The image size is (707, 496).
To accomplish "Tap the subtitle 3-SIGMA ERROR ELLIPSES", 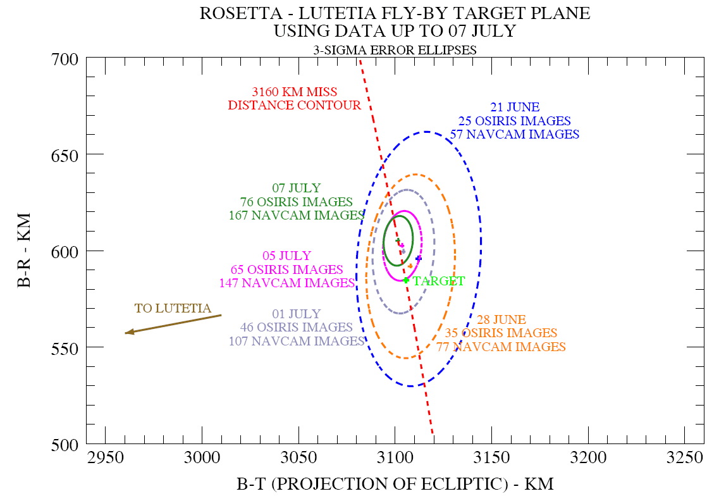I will click(395, 50).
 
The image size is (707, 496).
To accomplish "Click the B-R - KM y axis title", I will click(26, 251).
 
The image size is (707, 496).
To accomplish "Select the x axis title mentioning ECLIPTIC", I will click(395, 485).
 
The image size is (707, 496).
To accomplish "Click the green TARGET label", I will click(439, 282).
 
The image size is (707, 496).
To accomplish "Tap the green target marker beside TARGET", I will click(406, 280).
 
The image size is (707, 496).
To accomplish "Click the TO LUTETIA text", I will click(173, 309).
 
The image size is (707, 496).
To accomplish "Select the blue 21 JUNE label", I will click(515, 108).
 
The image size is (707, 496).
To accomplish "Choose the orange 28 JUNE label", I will click(502, 320).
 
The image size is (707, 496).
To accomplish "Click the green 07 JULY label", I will click(297, 189).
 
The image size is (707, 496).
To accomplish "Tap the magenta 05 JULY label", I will click(287, 256).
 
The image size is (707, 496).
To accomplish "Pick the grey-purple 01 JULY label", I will click(297, 314).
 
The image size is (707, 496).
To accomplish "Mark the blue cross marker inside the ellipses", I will click(419, 258).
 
